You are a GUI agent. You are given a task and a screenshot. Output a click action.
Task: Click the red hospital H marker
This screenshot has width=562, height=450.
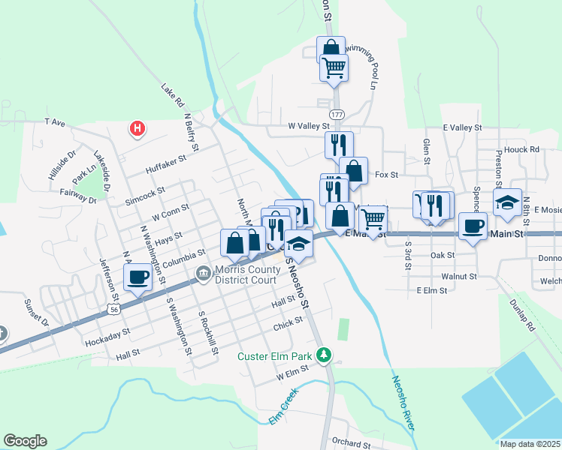(137, 128)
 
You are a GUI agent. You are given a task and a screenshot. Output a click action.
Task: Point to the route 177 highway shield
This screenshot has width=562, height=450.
(337, 113)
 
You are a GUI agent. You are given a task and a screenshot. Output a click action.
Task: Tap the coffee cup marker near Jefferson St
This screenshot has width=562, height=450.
(137, 277)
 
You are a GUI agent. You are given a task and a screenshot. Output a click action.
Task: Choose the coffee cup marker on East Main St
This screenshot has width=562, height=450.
(473, 226)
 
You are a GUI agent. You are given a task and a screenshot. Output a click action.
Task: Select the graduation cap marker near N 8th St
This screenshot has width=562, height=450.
(507, 202)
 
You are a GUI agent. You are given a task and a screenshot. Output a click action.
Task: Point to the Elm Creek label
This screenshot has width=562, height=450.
(283, 405)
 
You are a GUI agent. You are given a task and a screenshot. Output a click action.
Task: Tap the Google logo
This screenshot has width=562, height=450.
(25, 441)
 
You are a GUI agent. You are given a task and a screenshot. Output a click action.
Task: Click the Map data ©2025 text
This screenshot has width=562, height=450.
(530, 444)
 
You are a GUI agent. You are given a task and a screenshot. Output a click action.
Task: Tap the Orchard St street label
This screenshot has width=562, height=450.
(351, 444)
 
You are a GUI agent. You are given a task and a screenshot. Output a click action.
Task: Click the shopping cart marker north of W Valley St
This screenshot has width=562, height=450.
(334, 67)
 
